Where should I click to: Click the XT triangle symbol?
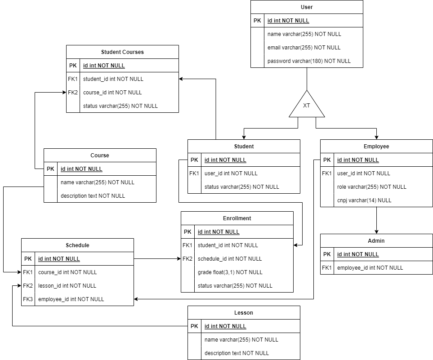307,105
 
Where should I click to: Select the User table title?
307,7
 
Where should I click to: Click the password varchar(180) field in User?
309,61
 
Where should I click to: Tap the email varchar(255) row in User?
304,48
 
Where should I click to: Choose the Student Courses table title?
122,52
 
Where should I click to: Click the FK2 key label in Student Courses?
73,93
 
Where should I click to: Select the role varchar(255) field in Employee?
371,187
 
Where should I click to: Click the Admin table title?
376,241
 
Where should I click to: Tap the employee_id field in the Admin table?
370,268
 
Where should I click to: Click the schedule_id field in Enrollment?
229,259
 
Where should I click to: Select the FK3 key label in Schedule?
28,299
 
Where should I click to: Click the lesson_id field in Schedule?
67,286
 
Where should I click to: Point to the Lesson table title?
244,313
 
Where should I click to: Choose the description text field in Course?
93,196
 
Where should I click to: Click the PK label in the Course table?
50,169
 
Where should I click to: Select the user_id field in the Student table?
231,173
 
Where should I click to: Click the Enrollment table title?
237,218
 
